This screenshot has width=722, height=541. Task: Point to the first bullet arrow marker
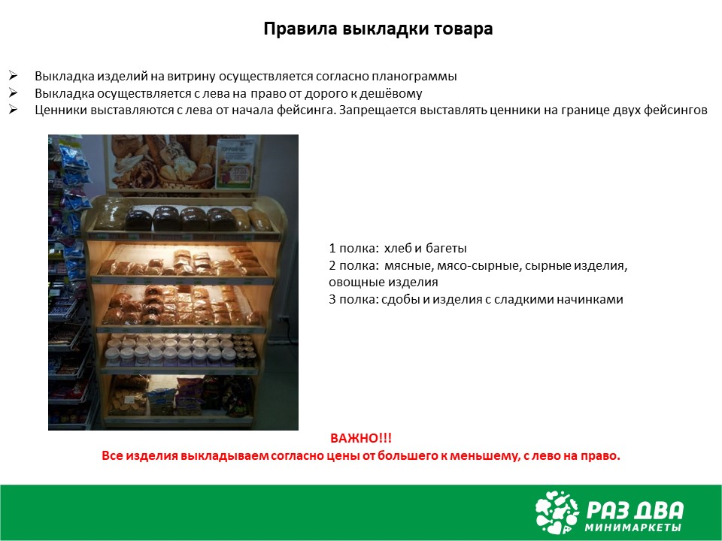click(13, 75)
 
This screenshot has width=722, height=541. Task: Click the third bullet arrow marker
click(13, 110)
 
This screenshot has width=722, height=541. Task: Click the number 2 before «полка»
click(332, 266)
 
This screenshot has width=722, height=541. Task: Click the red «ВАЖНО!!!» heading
click(361, 438)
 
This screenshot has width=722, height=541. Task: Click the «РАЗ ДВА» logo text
click(635, 510)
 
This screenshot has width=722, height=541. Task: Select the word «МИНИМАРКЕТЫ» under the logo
click(633, 527)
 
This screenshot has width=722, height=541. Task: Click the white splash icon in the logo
click(557, 512)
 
